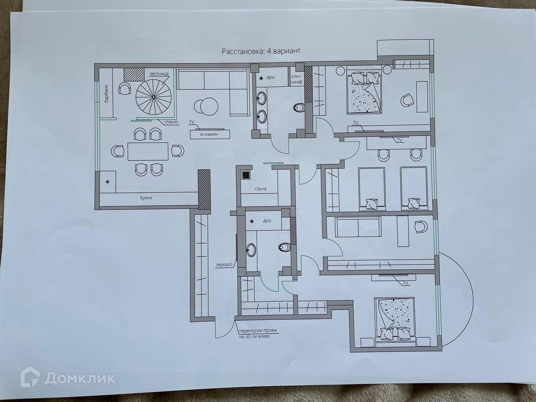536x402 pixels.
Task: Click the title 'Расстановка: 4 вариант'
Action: [261, 52]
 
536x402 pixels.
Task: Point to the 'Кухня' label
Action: [146, 197]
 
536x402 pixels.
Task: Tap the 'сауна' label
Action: [260, 189]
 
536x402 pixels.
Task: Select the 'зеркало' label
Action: [224, 265]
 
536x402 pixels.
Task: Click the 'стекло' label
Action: [171, 121]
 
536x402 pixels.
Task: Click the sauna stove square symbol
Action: [246, 175]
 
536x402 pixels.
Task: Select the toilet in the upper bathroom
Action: [298, 108]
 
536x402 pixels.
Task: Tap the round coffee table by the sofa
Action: [208, 106]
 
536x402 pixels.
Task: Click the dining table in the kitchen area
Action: [148, 151]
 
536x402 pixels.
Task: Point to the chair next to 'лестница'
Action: [125, 88]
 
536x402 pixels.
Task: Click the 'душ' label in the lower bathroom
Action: [267, 221]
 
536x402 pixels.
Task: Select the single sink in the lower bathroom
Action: [252, 250]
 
